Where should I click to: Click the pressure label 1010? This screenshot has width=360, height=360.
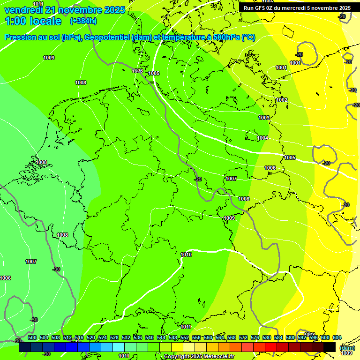(x=186, y=255)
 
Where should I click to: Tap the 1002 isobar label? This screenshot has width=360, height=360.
(x=282, y=100)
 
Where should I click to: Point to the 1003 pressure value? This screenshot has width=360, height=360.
(x=264, y=118)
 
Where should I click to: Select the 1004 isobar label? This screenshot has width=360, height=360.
(x=262, y=138)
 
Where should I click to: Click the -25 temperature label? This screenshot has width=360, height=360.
(x=198, y=179)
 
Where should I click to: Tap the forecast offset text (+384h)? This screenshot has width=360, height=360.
(x=83, y=21)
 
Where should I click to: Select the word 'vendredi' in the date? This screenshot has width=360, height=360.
(x=23, y=10)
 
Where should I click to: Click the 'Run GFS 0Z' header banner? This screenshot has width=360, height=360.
(x=297, y=8)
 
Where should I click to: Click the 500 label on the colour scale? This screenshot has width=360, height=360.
(x=32, y=337)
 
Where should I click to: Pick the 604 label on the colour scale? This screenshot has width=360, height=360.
(x=337, y=337)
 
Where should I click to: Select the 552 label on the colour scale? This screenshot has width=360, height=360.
(x=185, y=337)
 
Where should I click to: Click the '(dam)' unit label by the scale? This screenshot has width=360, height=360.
(x=347, y=348)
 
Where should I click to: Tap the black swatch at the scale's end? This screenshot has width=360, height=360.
(x=330, y=347)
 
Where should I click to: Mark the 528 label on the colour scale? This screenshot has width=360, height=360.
(x=114, y=337)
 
